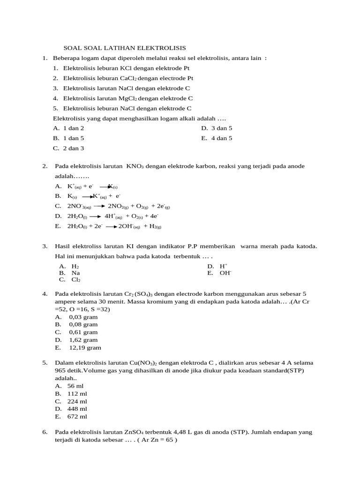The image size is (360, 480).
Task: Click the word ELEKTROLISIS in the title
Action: pyautogui.click(x=162, y=48)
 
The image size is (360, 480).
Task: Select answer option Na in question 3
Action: pyautogui.click(x=75, y=272)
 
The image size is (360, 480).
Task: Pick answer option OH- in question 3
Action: pyautogui.click(x=225, y=272)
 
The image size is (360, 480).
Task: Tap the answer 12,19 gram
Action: pyautogui.click(x=85, y=348)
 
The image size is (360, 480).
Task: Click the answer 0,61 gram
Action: pyautogui.click(x=83, y=332)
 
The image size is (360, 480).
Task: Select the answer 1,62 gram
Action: pyautogui.click(x=83, y=340)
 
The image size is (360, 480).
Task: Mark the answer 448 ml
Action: pyautogui.click(x=77, y=409)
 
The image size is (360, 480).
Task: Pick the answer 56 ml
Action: pyautogui.click(x=75, y=386)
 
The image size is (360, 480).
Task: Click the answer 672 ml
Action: pyautogui.click(x=77, y=416)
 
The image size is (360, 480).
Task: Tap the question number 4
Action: pyautogui.click(x=45, y=294)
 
